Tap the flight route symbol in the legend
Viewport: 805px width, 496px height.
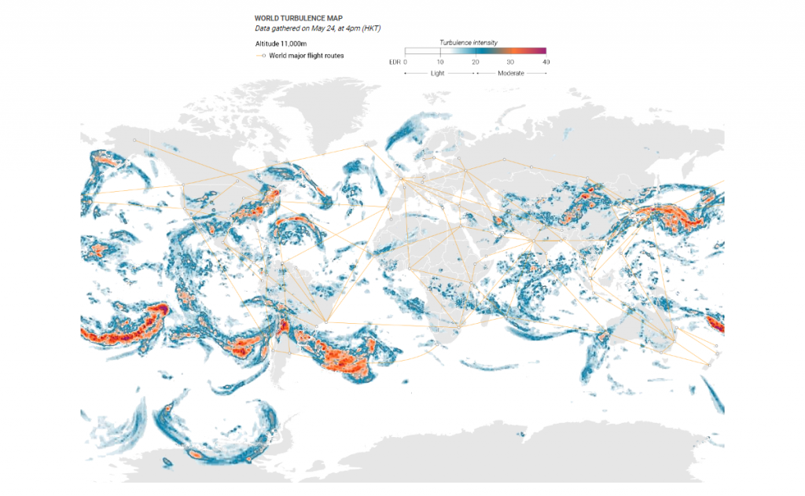pos(260,56)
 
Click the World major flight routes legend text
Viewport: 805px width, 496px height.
pos(306,56)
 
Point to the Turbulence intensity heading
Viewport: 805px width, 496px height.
pos(468,42)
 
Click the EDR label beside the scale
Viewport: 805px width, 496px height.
pos(395,61)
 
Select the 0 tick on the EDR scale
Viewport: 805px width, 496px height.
pos(406,61)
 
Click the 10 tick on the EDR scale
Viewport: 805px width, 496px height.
pos(440,61)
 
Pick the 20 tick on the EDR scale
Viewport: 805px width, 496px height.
pos(475,61)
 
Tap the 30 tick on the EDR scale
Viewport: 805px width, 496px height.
pos(510,61)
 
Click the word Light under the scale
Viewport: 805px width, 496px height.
pos(438,72)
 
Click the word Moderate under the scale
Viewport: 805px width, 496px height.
pos(511,72)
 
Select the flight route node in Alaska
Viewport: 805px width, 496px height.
pos(134,140)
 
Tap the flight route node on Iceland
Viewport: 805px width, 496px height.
pos(366,145)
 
